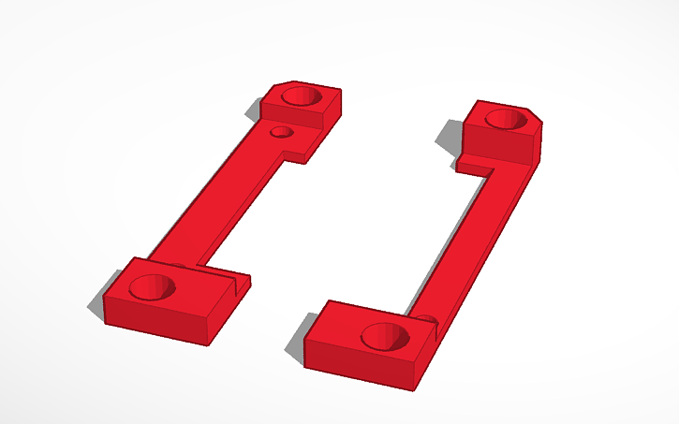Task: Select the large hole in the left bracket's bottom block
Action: (x=152, y=288)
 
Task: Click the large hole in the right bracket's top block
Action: (x=506, y=119)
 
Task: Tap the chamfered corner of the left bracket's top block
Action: (x=277, y=87)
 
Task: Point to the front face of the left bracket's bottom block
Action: (x=155, y=318)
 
